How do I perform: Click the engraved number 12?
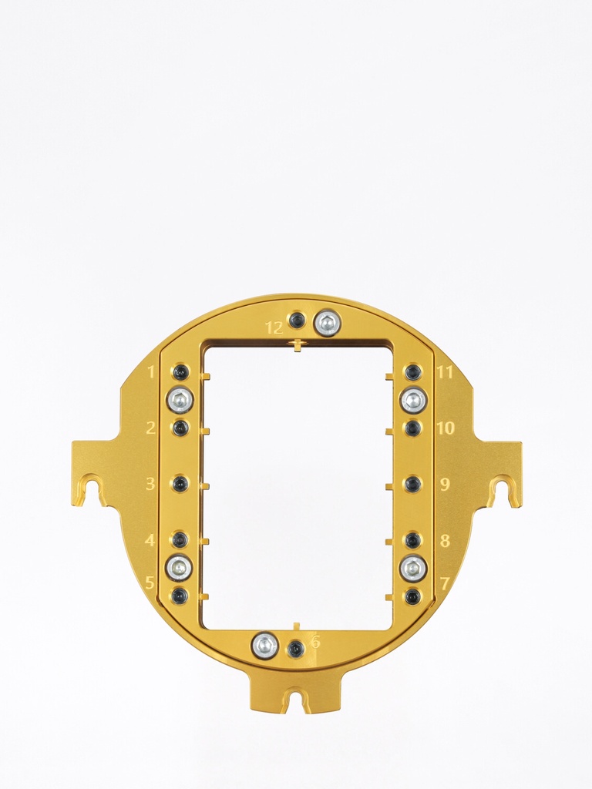click(274, 327)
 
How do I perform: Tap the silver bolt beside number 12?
click(328, 323)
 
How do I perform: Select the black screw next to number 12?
click(297, 321)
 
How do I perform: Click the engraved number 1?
click(151, 373)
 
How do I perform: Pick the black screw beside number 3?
click(180, 484)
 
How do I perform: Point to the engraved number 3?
click(151, 484)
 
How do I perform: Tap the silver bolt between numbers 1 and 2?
click(180, 400)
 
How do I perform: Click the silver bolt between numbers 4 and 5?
click(179, 568)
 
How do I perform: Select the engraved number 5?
click(150, 583)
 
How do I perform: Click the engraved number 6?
click(315, 641)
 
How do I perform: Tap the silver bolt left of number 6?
click(264, 646)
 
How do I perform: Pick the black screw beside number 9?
click(413, 484)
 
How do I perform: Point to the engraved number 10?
click(446, 428)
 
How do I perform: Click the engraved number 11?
click(444, 373)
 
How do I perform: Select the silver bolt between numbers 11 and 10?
click(414, 400)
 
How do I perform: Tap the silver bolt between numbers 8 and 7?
click(413, 569)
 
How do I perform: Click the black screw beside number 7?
click(413, 596)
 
